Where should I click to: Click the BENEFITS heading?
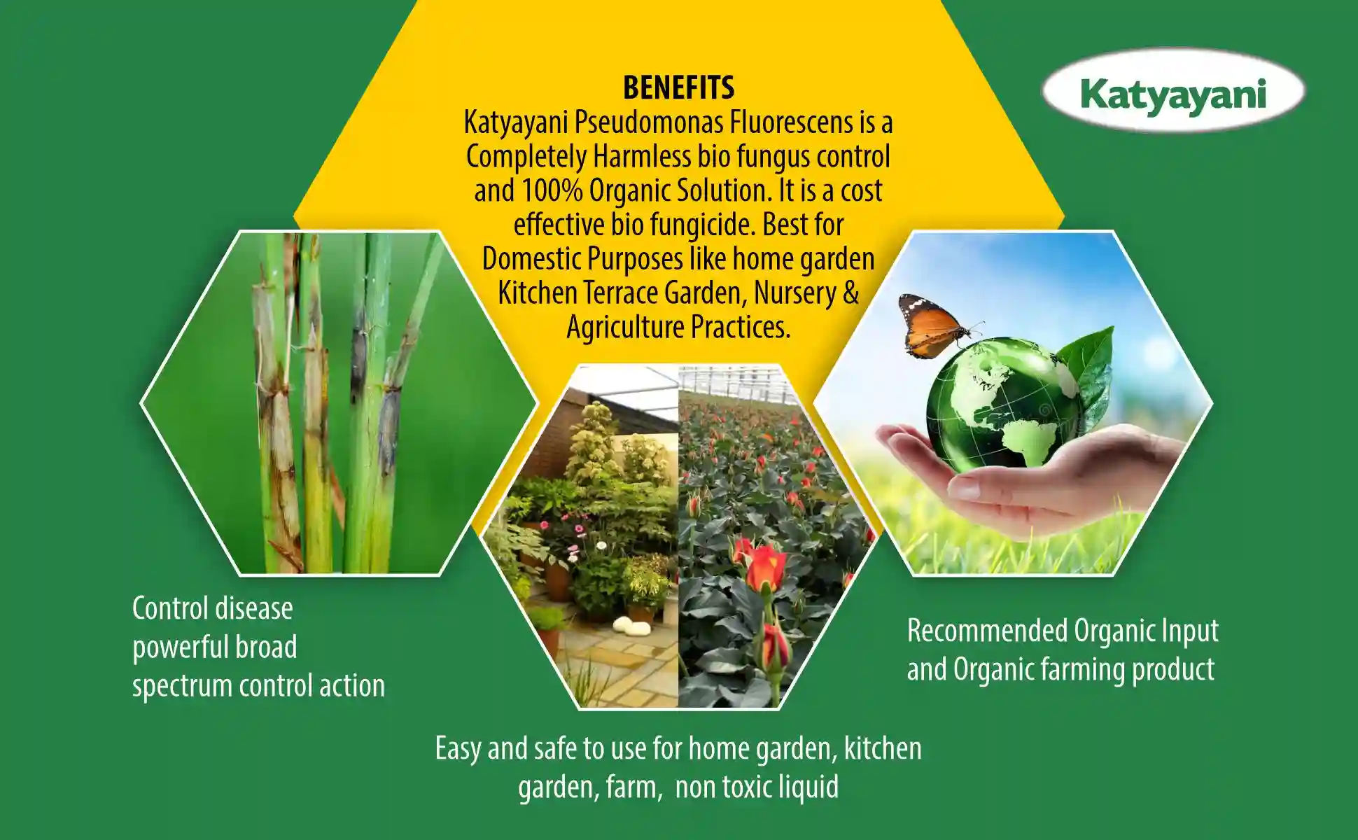coord(678,87)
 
